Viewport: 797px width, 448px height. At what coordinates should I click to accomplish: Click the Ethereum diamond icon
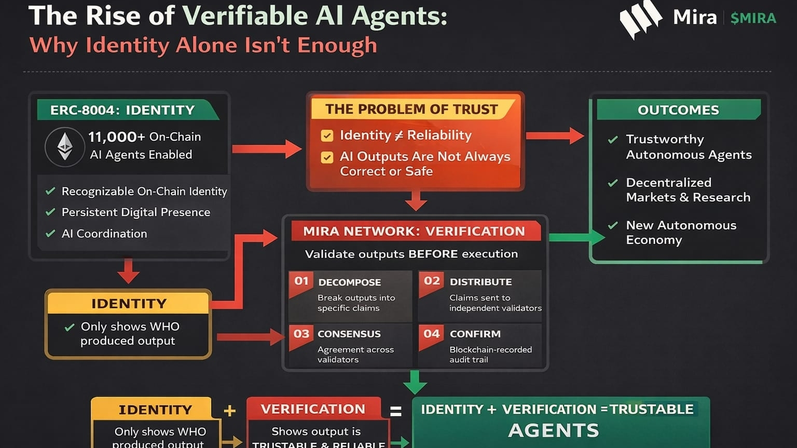pyautogui.click(x=65, y=147)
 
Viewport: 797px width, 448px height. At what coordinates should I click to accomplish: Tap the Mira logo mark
pyautogui.click(x=640, y=19)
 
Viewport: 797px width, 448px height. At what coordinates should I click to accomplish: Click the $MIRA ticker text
pyautogui.click(x=753, y=19)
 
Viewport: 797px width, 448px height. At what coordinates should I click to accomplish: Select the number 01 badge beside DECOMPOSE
pyautogui.click(x=301, y=281)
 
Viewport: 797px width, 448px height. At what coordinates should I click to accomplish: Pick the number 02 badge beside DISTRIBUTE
pyautogui.click(x=432, y=281)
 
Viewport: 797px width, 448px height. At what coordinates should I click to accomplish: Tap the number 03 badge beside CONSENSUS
pyautogui.click(x=301, y=334)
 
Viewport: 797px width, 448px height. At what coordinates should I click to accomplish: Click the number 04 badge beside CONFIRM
pyautogui.click(x=432, y=334)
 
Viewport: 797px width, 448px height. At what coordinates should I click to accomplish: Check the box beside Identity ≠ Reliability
pyautogui.click(x=327, y=135)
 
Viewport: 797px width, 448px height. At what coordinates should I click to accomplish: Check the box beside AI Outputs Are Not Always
pyautogui.click(x=327, y=157)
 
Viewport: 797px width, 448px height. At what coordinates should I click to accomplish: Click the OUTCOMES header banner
pyautogui.click(x=678, y=110)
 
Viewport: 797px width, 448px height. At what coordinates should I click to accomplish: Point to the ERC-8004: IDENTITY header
pyautogui.click(x=122, y=110)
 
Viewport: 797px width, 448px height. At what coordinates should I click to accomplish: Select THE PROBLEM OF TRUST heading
pyautogui.click(x=411, y=110)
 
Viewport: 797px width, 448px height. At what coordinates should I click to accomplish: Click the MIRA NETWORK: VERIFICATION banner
pyautogui.click(x=414, y=231)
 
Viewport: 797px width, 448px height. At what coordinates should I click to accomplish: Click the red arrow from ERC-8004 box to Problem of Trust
pyautogui.click(x=267, y=149)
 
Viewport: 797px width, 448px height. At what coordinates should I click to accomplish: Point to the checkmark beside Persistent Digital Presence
pyautogui.click(x=50, y=212)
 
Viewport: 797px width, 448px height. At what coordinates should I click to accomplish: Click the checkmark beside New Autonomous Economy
pyautogui.click(x=613, y=225)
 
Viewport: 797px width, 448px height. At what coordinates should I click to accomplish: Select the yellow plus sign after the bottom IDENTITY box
pyautogui.click(x=229, y=411)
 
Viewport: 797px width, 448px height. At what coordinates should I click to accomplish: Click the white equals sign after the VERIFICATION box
pyautogui.click(x=396, y=411)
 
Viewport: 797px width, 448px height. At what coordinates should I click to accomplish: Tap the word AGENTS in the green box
pyautogui.click(x=554, y=430)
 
